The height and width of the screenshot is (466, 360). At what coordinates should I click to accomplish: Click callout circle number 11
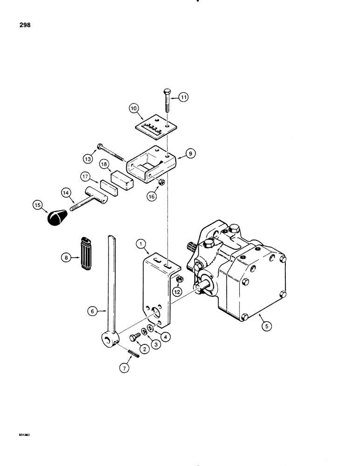[x=183, y=97]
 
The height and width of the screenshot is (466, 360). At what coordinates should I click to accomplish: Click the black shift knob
[x=58, y=218]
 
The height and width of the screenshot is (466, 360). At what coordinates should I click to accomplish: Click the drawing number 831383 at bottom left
[x=15, y=435]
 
